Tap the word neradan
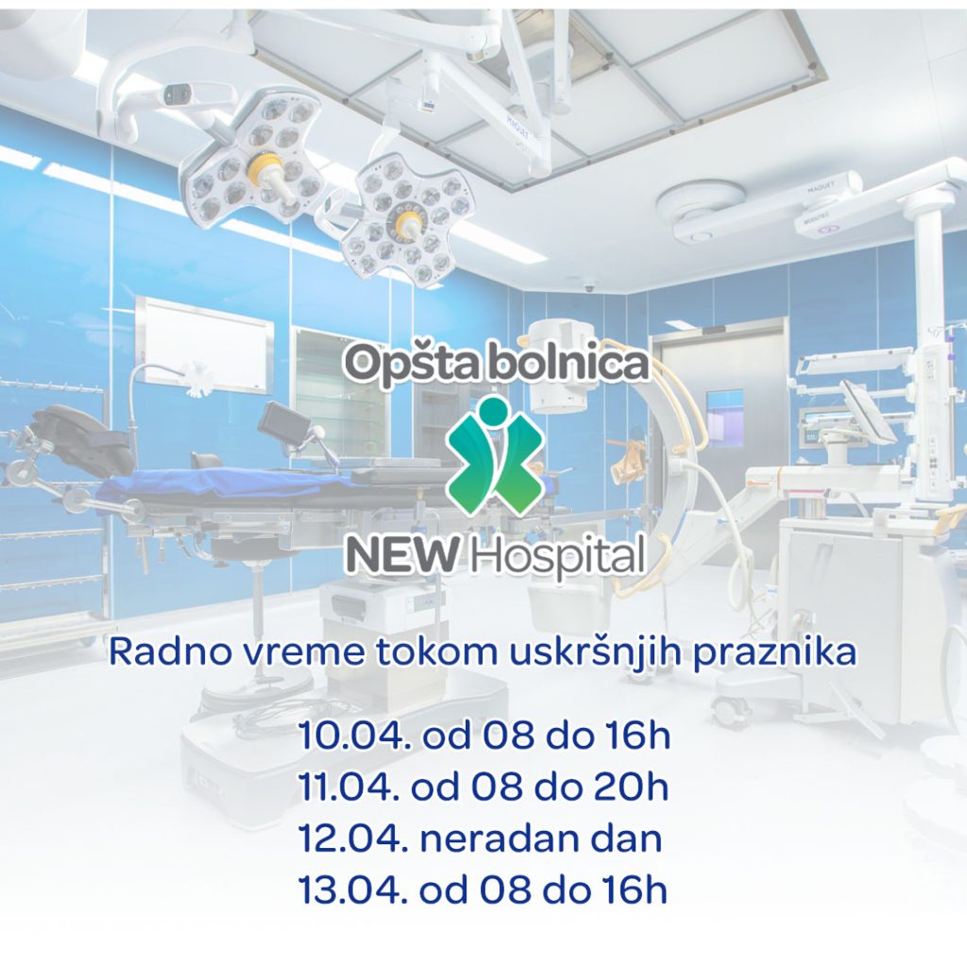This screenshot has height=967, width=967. (x=487, y=839)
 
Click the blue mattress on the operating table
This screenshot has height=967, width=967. (x=227, y=483)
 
